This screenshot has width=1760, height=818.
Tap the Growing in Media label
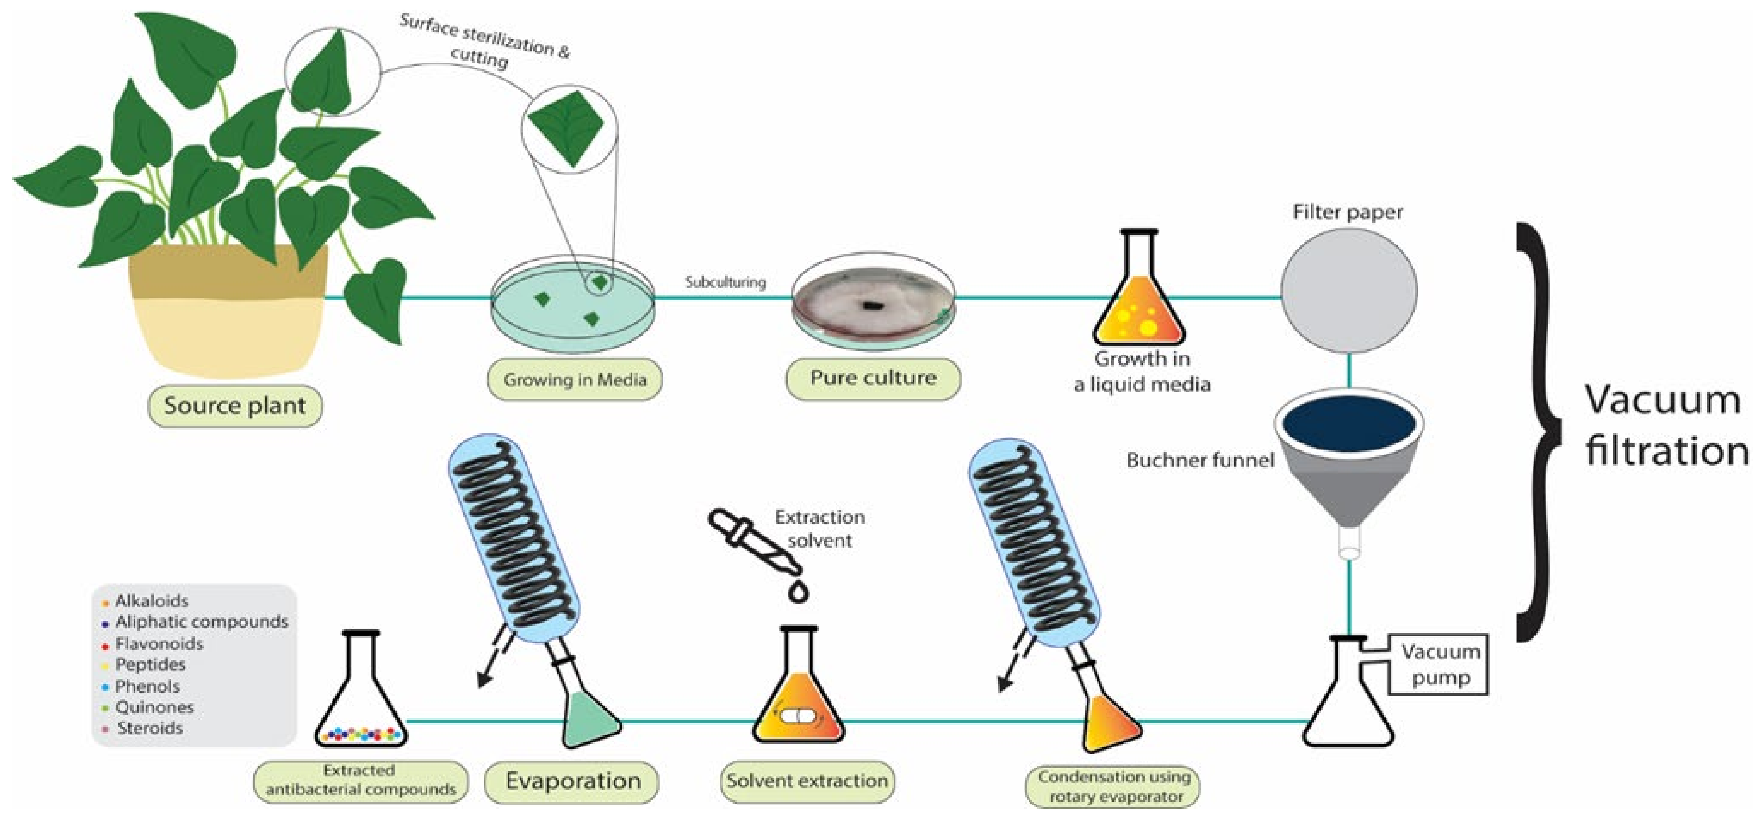(574, 380)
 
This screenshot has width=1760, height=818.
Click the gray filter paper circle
(1348, 291)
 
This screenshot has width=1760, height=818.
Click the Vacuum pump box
(1439, 664)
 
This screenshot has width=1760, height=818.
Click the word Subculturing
(725, 282)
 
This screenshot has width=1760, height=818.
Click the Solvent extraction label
(807, 780)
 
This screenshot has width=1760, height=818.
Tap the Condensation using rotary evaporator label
(1113, 786)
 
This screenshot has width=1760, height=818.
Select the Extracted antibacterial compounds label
(360, 780)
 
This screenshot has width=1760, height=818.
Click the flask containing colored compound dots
(361, 696)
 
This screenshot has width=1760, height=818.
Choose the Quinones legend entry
(155, 707)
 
